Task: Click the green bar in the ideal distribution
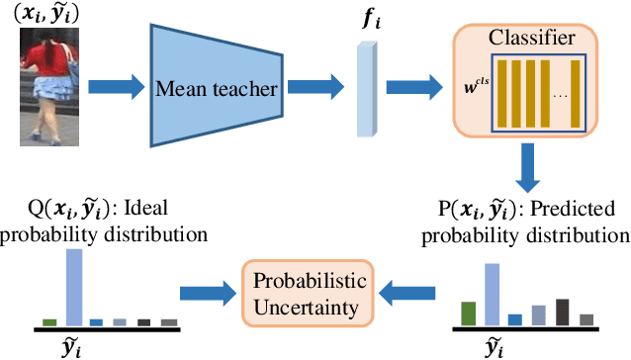(48, 321)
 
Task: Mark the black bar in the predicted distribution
(563, 312)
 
